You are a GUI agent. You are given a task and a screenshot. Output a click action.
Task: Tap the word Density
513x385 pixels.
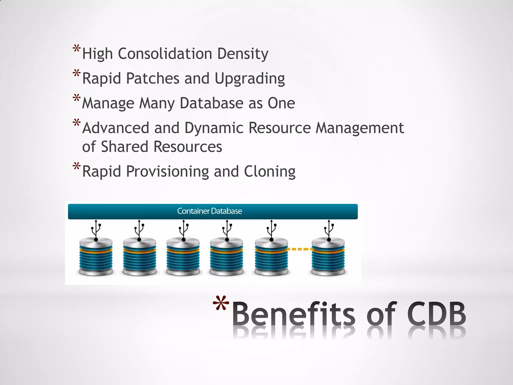point(242,54)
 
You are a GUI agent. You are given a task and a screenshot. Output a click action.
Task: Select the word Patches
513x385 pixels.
point(153,78)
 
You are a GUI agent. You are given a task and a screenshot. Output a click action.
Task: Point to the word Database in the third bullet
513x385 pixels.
point(211,103)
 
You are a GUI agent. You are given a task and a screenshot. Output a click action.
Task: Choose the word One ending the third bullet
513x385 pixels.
point(281,103)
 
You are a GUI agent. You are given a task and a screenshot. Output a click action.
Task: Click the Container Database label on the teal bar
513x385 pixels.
point(209,211)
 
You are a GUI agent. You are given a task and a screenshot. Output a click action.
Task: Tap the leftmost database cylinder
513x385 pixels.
point(96,257)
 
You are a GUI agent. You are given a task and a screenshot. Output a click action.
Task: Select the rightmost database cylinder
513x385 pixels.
point(328,257)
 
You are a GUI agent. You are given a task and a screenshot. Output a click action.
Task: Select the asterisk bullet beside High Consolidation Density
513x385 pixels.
point(76,49)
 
